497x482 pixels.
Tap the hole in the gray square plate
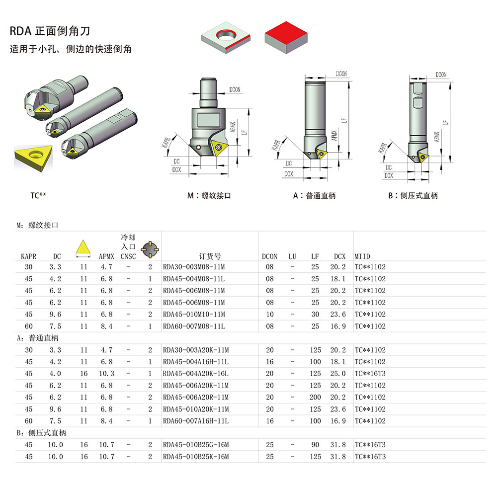[228, 35]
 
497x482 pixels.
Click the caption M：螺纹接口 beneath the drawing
[209, 196]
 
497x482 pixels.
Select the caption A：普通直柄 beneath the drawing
[314, 196]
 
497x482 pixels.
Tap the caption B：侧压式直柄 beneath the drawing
[413, 196]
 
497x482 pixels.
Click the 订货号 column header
[210, 256]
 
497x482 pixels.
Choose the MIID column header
[362, 256]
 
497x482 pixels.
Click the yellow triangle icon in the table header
[83, 247]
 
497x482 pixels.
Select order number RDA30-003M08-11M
[194, 267]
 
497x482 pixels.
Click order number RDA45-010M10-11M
[194, 315]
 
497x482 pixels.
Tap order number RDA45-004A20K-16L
[195, 374]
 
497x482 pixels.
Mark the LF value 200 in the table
[315, 398]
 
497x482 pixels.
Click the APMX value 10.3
[106, 374]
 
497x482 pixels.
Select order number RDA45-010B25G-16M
[195, 445]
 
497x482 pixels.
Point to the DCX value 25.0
[339, 374]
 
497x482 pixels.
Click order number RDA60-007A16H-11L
[195, 421]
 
